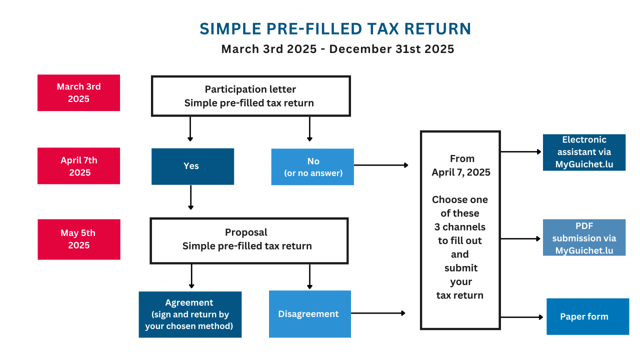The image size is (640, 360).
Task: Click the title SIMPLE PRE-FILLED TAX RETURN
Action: pyautogui.click(x=335, y=29)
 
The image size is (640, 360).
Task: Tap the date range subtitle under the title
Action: pyautogui.click(x=337, y=49)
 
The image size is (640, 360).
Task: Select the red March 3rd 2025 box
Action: pyautogui.click(x=78, y=93)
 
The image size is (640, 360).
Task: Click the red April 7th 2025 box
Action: pyautogui.click(x=78, y=165)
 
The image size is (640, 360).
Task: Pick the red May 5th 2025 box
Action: pyautogui.click(x=79, y=239)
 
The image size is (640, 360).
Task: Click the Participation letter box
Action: pyautogui.click(x=251, y=96)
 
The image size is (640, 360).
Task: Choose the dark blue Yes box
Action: pyautogui.click(x=192, y=166)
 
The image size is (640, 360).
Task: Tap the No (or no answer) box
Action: pyautogui.click(x=312, y=167)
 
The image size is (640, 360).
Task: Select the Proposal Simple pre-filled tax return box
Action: pyautogui.click(x=249, y=241)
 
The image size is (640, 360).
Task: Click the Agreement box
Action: pyautogui.click(x=190, y=314)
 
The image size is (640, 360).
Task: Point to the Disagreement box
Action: pyautogui.click(x=309, y=314)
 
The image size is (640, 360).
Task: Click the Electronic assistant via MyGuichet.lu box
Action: pyautogui.click(x=584, y=152)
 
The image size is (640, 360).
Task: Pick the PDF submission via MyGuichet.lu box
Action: pyautogui.click(x=584, y=237)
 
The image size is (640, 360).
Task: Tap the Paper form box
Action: pyautogui.click(x=587, y=316)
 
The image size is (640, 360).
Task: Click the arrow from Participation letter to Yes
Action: pyautogui.click(x=190, y=129)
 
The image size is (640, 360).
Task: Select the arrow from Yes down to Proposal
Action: pyautogui.click(x=191, y=197)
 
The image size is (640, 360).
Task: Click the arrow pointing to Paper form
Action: pyautogui.click(x=521, y=317)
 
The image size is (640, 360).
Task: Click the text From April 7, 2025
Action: pyautogui.click(x=461, y=165)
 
